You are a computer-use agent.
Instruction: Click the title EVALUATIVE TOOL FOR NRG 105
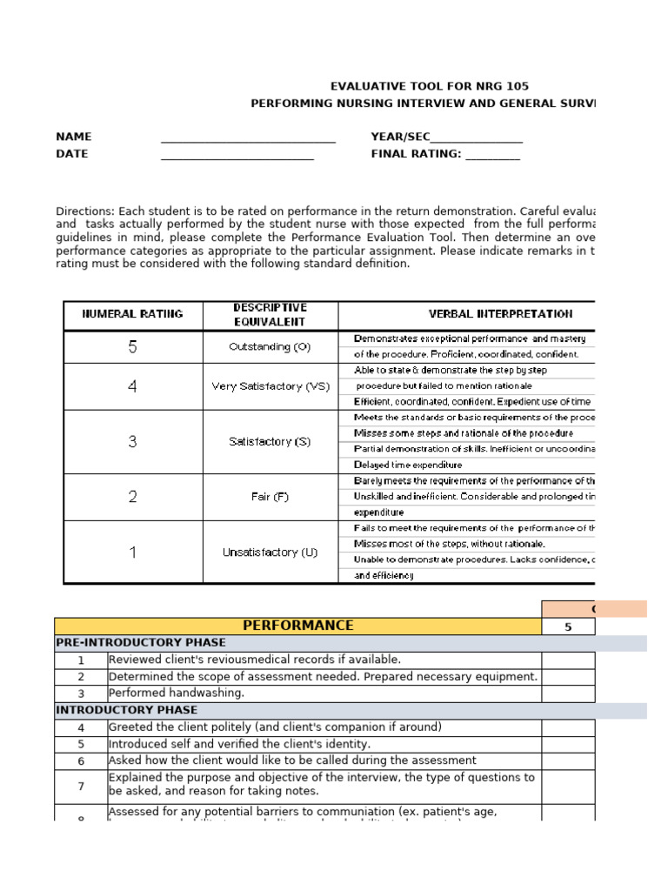(429, 86)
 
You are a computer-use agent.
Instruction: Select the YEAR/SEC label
(400, 137)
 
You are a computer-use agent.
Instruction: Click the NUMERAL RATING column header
(132, 314)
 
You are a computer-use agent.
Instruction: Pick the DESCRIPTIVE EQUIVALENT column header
(270, 314)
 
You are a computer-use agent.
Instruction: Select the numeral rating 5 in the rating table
(132, 346)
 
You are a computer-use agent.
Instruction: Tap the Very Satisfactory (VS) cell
(271, 386)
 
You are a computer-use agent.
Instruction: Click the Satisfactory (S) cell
(270, 441)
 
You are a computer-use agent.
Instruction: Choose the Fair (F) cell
(270, 497)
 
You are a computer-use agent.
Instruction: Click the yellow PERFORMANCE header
(297, 626)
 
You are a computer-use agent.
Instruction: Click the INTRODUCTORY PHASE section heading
(114, 710)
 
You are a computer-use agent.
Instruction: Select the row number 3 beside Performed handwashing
(81, 693)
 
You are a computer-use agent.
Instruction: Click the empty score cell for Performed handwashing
(568, 693)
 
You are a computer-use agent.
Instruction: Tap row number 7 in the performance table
(81, 787)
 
